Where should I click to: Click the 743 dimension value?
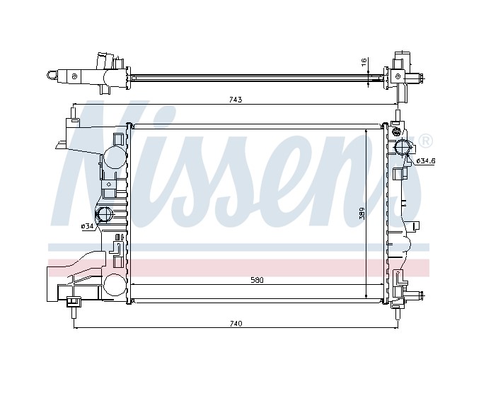pos(236,100)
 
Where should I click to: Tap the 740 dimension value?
pos(236,323)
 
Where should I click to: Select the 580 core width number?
pos(256,280)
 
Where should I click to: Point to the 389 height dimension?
pos(361,213)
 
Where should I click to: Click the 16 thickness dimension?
pos(364,63)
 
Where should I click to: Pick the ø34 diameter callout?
pos(87,226)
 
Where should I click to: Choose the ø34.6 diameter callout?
pos(426,161)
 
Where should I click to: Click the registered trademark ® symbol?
pos(425,141)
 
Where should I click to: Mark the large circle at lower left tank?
pos(112,284)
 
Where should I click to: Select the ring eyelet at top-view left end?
pos(52,74)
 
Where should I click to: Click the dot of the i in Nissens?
pos(172,114)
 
